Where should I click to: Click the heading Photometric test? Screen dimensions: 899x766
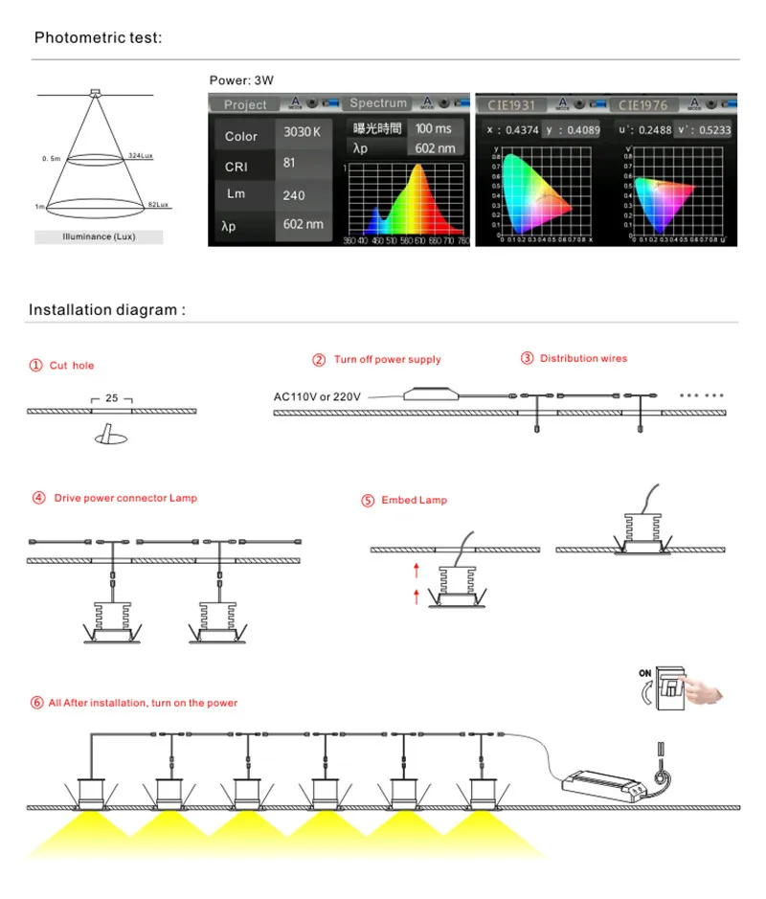(x=99, y=38)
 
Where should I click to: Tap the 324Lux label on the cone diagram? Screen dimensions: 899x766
(x=141, y=155)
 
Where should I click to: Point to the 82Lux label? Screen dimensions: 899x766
(x=157, y=205)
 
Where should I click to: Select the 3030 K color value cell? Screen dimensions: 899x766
(x=297, y=132)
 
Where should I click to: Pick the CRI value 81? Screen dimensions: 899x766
(x=290, y=163)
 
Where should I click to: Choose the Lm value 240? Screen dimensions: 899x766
(x=294, y=195)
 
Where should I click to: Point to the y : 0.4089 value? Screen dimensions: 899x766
(x=573, y=130)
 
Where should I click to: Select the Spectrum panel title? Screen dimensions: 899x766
(x=378, y=103)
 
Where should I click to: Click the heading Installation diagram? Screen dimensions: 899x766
(x=106, y=310)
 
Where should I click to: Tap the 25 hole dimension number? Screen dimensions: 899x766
(x=112, y=397)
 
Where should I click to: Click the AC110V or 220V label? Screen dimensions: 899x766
(x=318, y=396)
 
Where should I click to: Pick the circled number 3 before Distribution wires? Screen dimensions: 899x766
(x=528, y=358)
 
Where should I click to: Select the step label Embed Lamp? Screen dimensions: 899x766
(x=414, y=500)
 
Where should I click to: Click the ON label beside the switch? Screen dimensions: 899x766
(x=645, y=673)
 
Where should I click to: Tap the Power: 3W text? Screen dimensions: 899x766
(x=241, y=80)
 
